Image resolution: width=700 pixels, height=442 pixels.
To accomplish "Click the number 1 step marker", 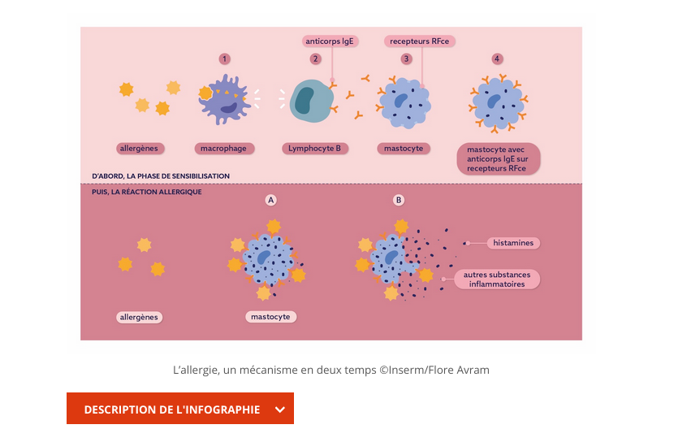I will tap(225, 58).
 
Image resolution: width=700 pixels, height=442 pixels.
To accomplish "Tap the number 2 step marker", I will tap(315, 58).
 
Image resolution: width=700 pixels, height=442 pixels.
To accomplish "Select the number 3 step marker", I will tap(406, 58).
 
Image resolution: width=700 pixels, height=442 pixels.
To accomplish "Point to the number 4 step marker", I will tap(497, 58).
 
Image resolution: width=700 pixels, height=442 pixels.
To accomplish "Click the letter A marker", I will tap(271, 200).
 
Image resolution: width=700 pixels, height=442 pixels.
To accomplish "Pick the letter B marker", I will tap(398, 200).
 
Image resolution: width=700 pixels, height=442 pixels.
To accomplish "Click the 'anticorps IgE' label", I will tap(330, 41).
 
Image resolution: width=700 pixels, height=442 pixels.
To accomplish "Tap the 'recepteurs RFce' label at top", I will tap(420, 41).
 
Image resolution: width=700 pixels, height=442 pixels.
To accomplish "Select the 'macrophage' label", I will tap(224, 149).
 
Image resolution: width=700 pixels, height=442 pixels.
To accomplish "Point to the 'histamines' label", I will tap(513, 243).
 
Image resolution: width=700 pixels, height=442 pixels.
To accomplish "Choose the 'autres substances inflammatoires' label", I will tap(497, 279).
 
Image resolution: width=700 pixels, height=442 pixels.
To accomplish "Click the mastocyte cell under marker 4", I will tap(496, 104).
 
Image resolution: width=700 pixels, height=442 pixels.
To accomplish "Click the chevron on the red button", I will tap(280, 409).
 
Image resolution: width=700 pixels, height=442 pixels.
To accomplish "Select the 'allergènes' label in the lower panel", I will tap(139, 317).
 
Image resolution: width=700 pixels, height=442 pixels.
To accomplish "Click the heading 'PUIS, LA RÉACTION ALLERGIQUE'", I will tap(147, 192).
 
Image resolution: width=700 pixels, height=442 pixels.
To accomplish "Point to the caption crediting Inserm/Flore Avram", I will tap(331, 370).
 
